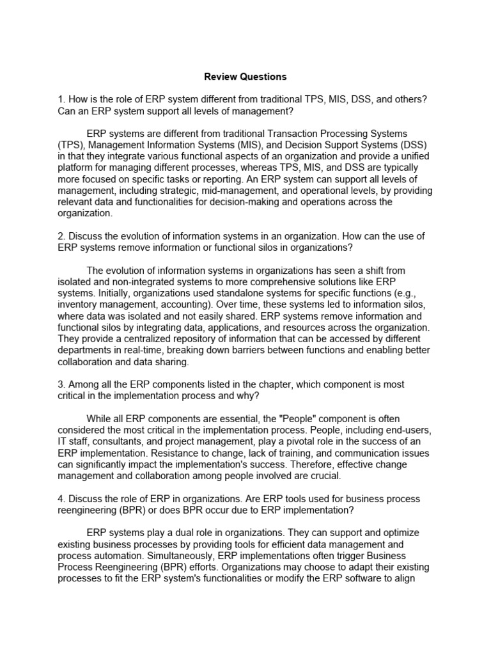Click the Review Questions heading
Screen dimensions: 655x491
(245, 77)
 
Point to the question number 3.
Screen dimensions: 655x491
(60, 384)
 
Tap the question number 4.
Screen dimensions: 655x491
(60, 498)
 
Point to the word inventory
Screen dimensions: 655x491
(81, 305)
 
